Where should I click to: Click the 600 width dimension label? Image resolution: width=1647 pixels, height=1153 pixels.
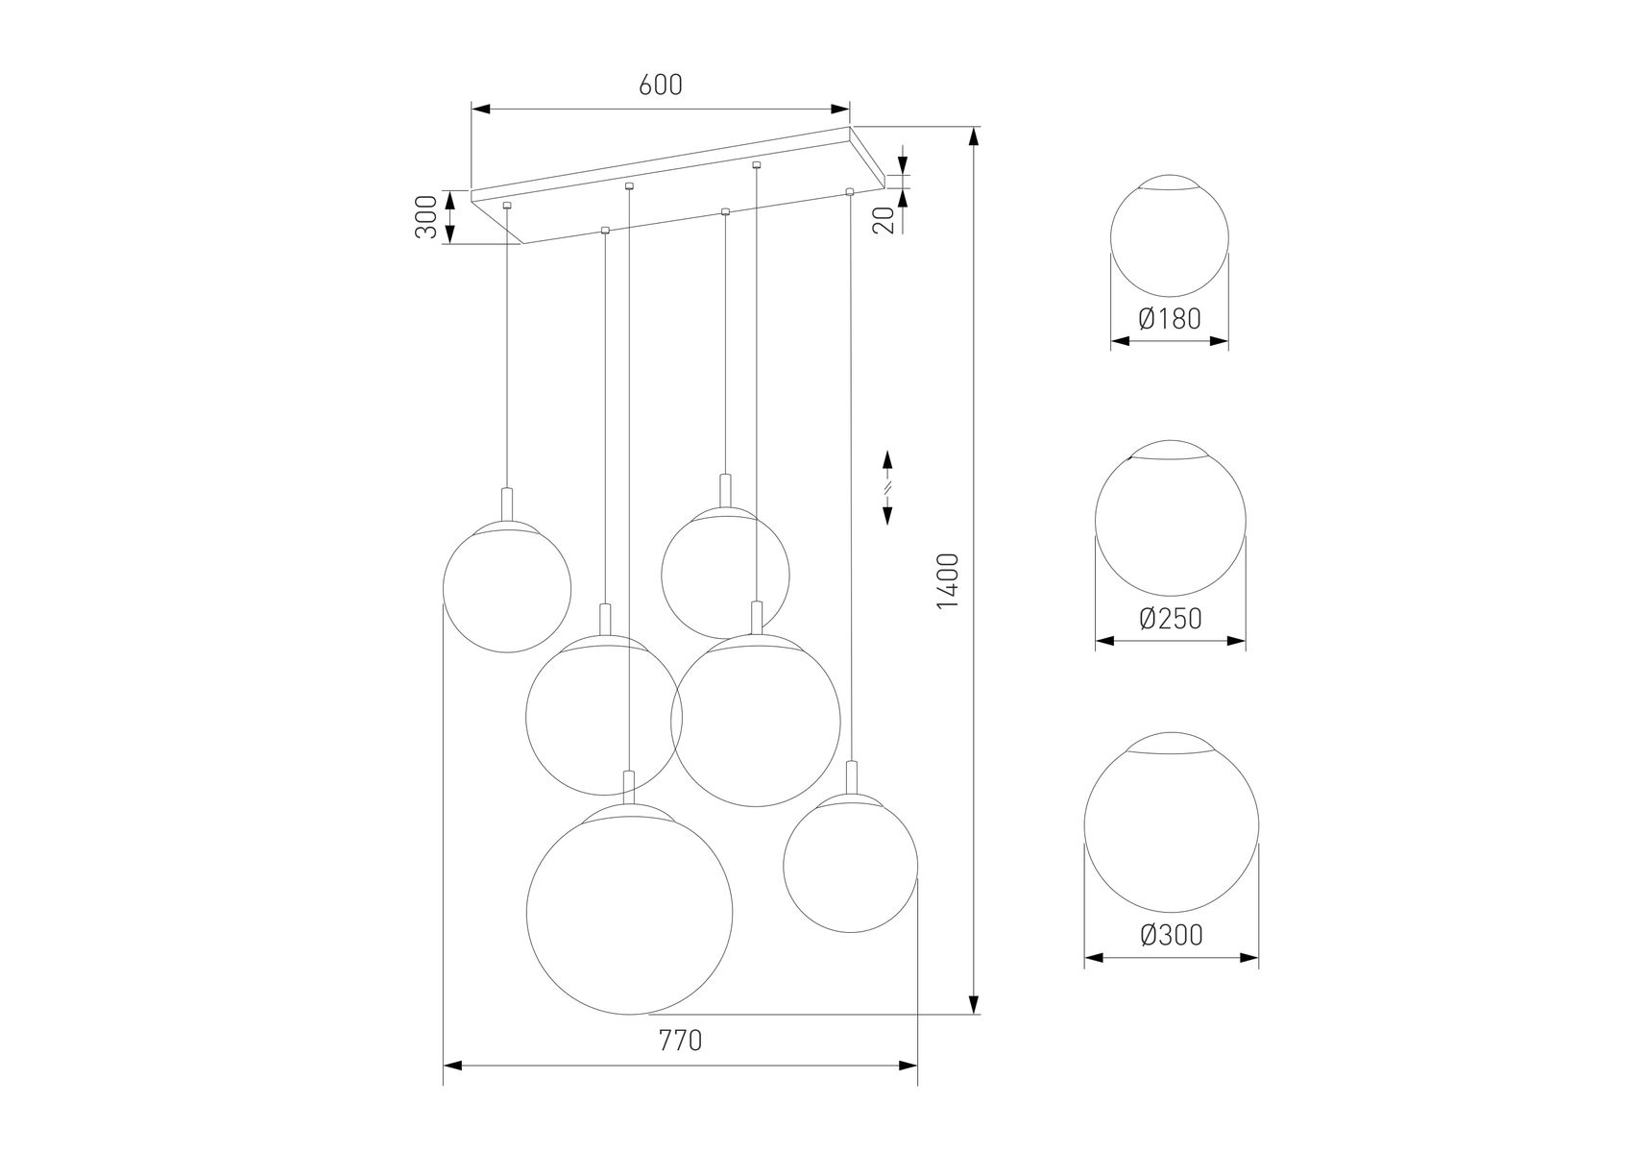coord(660,86)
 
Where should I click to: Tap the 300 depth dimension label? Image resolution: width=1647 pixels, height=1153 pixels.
coord(428,216)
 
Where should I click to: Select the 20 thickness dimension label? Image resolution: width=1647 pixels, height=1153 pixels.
coord(885,220)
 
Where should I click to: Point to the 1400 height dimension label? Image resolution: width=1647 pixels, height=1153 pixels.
coord(948,580)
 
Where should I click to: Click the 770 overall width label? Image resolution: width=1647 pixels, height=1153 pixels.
coord(680,1040)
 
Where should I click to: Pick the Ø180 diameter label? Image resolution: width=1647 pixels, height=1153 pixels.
coord(1170,318)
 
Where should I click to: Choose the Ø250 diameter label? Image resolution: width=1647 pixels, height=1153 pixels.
coord(1170,618)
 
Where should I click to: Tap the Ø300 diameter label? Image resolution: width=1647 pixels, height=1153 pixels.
coord(1172,934)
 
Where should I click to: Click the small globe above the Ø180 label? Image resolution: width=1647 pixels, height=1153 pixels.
coord(1170,236)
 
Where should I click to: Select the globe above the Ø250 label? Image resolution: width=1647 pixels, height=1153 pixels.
coord(1170,520)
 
